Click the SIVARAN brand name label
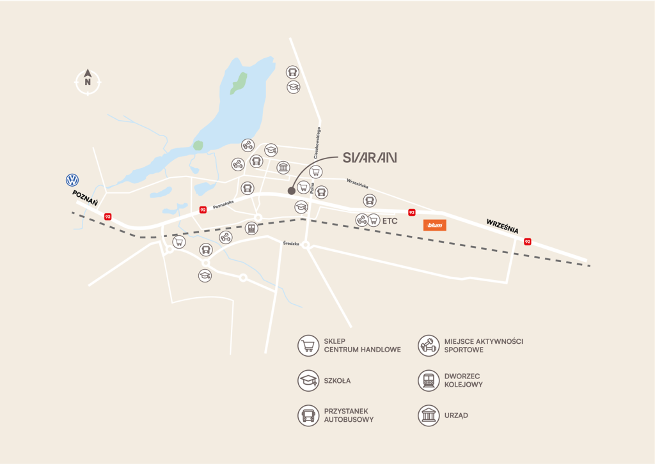point(370,157)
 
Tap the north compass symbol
point(88,81)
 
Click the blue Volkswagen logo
point(72,180)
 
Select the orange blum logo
point(435,225)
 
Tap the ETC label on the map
point(390,220)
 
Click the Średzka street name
point(292,243)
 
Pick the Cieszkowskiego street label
point(318,143)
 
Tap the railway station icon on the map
point(251,228)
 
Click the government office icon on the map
point(283,167)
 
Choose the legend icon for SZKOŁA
point(308,381)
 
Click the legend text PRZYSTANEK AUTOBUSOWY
point(349,415)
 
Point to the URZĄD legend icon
point(427,415)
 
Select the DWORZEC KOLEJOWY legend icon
point(427,381)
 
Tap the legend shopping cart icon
point(308,346)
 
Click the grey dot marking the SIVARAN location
point(292,190)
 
